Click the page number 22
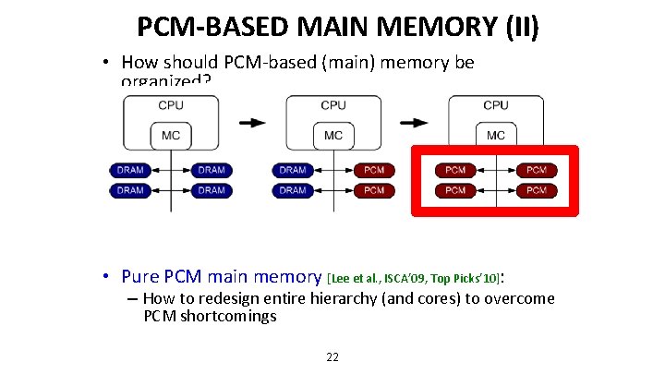332,357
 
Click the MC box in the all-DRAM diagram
171,136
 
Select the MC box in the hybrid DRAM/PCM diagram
333,136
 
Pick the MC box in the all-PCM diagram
496,136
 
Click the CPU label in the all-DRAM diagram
171,105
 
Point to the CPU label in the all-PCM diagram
496,105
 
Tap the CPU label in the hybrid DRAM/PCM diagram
333,105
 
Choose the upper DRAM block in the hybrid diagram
293,171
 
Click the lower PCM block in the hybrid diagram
374,190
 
